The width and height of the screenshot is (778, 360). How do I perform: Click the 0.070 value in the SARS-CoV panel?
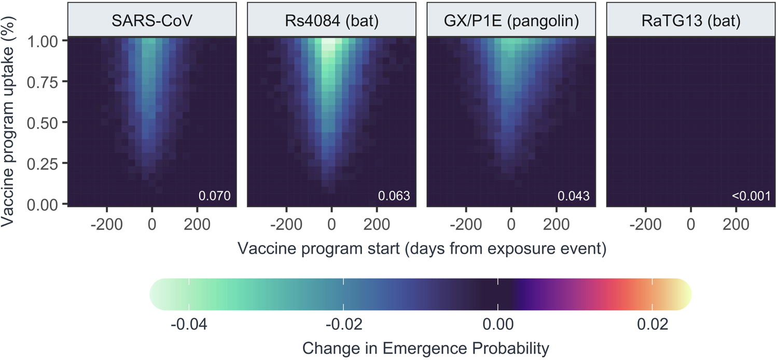pos(214,196)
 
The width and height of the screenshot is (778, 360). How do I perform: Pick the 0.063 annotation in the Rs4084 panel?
pos(394,196)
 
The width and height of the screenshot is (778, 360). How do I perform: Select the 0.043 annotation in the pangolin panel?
pos(573,196)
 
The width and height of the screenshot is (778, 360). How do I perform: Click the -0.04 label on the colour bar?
pos(189,325)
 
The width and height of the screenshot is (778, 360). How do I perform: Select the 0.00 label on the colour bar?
pos(498,325)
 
